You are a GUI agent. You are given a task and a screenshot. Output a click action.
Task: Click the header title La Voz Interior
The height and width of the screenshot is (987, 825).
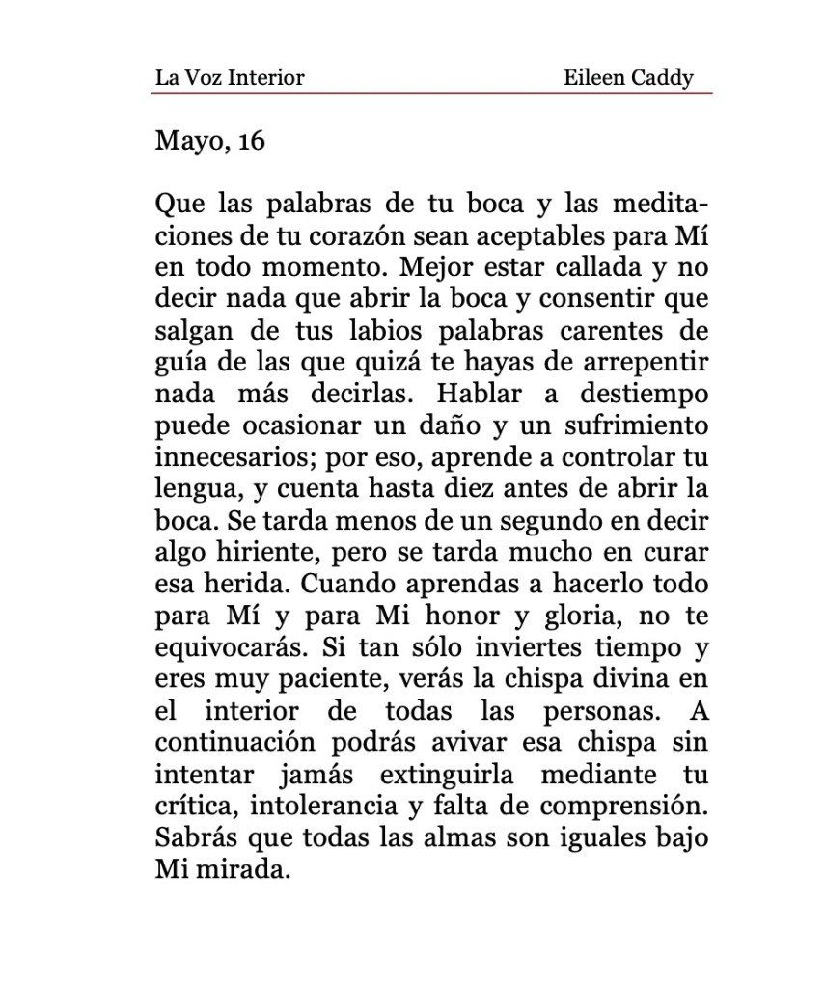tap(229, 77)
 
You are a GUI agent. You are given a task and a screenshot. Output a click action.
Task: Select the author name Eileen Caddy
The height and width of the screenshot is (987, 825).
tap(628, 77)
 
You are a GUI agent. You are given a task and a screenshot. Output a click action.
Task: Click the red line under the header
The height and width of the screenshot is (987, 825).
tap(432, 93)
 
